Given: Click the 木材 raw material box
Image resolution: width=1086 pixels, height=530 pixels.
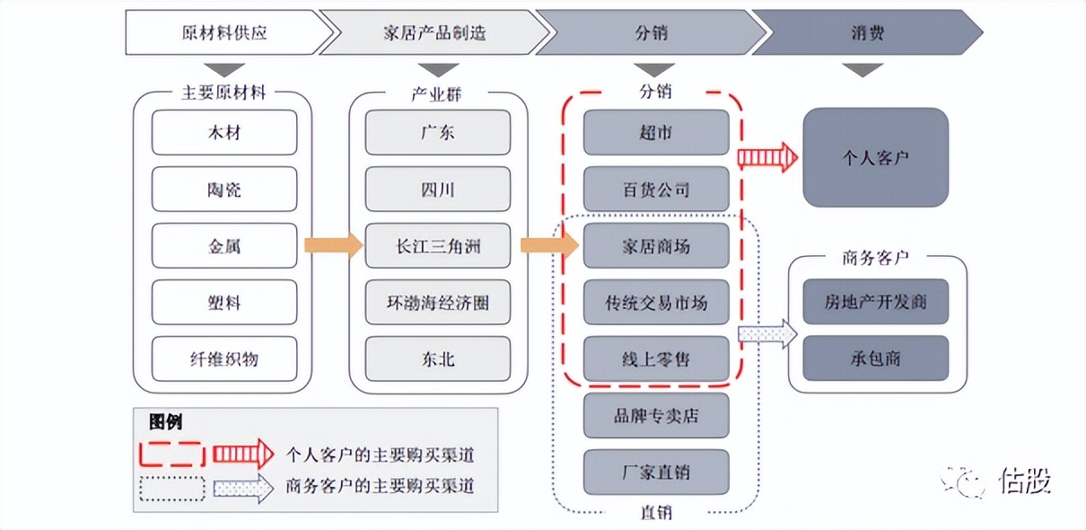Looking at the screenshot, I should [x=223, y=133].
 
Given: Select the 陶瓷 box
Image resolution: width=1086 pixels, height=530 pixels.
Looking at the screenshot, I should [x=223, y=190].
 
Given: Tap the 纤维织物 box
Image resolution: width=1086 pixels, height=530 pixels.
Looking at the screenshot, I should [x=223, y=358].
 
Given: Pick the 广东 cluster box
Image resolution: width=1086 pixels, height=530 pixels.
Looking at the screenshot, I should [x=438, y=133].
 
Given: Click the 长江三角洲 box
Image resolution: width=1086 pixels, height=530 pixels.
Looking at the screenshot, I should [x=438, y=246].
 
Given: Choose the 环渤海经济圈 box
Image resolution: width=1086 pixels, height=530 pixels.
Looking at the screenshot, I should [x=438, y=303].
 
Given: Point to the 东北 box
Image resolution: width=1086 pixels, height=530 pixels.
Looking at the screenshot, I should [x=438, y=358].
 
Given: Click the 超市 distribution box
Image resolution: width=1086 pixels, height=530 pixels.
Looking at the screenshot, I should [x=656, y=133].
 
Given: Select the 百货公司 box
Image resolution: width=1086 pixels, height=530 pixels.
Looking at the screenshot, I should [x=656, y=190].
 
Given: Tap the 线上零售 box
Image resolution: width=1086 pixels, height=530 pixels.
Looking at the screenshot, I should [x=656, y=359].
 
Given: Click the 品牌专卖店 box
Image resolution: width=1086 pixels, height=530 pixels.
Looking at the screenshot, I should [x=656, y=416].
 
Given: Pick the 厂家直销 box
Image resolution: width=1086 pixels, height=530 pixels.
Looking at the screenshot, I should [x=656, y=472].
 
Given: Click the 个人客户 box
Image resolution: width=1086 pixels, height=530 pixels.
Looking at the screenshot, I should [x=875, y=157].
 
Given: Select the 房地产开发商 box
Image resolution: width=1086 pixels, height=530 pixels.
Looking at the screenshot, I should [x=875, y=302].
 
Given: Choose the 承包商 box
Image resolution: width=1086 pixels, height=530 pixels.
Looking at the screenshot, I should [x=875, y=358].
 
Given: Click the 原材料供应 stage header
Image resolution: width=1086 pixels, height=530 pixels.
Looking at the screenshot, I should [x=224, y=33].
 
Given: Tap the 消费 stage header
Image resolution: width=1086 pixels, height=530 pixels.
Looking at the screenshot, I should [x=867, y=33].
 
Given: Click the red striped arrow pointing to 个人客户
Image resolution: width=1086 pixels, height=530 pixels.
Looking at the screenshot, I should [x=767, y=157].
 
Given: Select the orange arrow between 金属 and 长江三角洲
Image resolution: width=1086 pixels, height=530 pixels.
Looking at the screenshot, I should [x=333, y=245].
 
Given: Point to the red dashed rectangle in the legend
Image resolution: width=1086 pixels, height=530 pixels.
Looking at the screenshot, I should [x=171, y=454].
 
